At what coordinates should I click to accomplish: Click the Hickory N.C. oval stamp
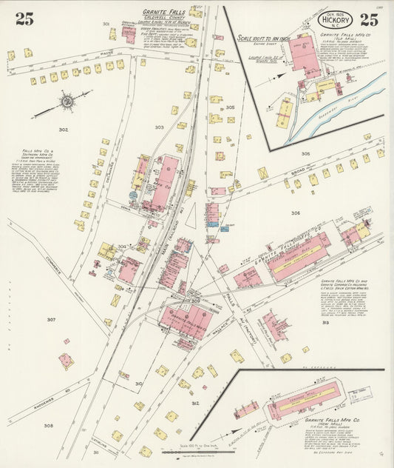click(x=335, y=21)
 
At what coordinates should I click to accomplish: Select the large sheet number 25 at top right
click(x=370, y=20)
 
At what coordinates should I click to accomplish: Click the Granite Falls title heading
click(x=163, y=13)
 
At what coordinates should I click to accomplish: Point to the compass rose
click(x=67, y=101)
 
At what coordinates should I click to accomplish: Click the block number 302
click(x=64, y=130)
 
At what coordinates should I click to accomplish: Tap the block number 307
click(x=51, y=319)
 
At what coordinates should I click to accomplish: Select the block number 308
click(x=48, y=426)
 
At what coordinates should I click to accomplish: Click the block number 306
click(x=296, y=213)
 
